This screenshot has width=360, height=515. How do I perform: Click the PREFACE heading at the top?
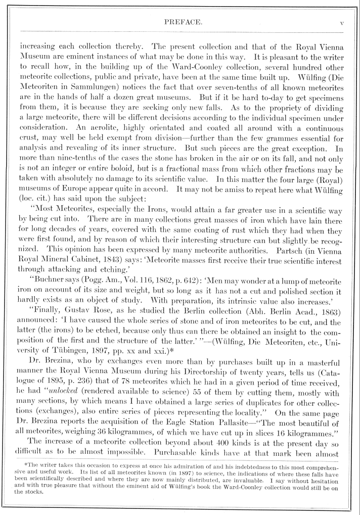point(180,22)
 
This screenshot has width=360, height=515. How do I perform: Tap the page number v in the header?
point(342,22)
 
